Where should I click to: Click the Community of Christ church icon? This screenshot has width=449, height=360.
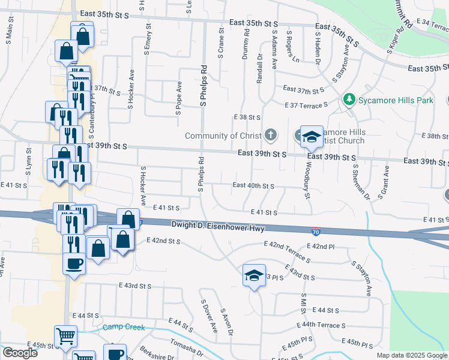point(271,135)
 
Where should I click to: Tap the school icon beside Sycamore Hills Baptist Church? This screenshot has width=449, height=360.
point(311,137)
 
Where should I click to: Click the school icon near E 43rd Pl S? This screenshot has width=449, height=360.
point(254,275)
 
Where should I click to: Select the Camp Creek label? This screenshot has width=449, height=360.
point(124,328)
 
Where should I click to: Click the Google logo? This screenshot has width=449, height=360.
point(20,353)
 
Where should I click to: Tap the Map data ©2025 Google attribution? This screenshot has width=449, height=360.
point(412,355)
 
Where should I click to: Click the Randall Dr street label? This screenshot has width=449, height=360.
point(260,69)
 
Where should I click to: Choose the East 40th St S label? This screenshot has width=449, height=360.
point(253,186)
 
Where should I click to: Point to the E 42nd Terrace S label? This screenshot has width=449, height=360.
point(286,252)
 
